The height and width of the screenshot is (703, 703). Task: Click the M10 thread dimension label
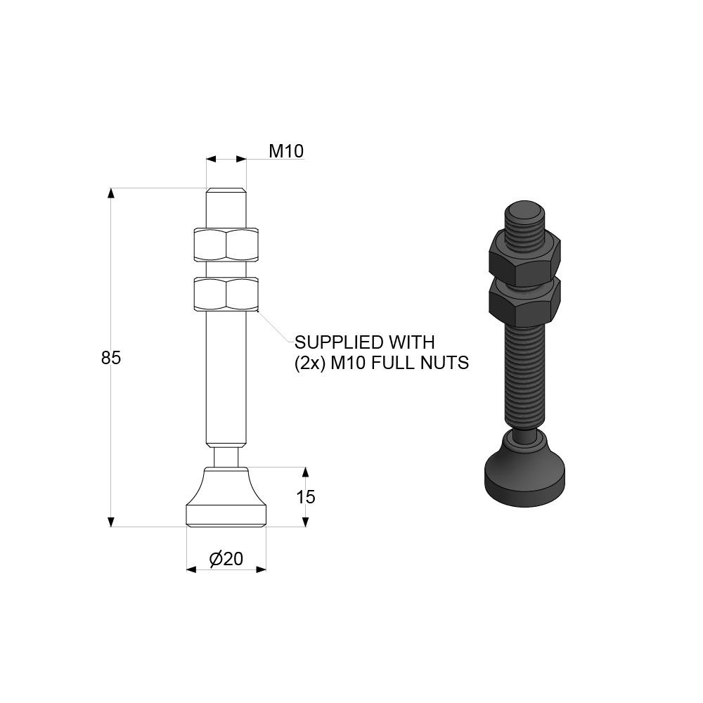[286, 151]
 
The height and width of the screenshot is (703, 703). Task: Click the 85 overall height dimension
[111, 358]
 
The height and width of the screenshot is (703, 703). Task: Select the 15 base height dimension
[306, 497]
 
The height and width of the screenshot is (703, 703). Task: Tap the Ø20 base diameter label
[226, 559]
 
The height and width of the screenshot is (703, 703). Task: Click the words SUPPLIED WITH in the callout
[365, 342]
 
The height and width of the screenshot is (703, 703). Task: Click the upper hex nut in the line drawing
[226, 243]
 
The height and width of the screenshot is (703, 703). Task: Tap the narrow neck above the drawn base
[226, 455]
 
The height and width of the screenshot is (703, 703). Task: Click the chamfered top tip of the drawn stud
[226, 191]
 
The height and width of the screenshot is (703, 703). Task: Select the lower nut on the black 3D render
[524, 301]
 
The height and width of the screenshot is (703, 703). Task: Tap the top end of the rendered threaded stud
[525, 212]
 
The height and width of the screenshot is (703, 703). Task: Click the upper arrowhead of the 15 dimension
[305, 472]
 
